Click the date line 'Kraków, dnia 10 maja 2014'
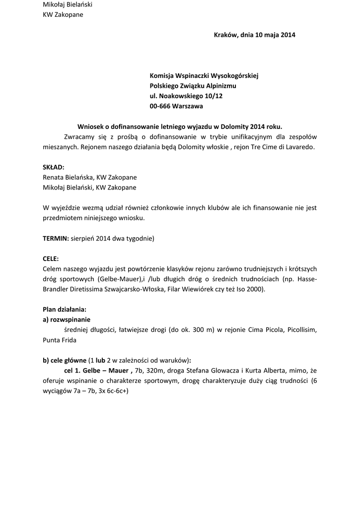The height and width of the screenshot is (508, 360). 254,35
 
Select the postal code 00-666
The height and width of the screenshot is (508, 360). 160,106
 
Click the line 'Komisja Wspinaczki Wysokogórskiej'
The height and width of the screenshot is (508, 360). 204,75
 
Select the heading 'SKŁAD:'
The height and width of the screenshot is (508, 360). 54,167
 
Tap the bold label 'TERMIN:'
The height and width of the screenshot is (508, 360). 55,239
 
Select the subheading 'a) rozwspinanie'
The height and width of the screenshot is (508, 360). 67,320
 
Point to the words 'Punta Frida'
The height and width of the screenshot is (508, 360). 59,340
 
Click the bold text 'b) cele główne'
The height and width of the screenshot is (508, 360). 65,361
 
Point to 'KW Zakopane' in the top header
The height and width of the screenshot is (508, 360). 63,15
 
